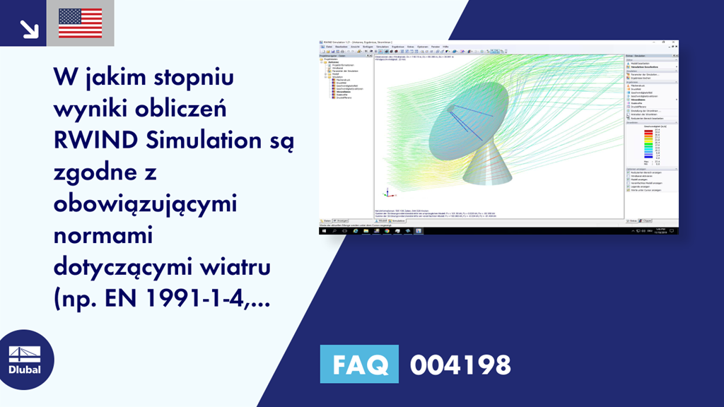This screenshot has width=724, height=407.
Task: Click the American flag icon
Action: pyautogui.click(x=80, y=23)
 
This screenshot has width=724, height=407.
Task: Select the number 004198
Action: pyautogui.click(x=460, y=365)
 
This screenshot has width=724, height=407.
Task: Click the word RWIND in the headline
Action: pyautogui.click(x=91, y=141)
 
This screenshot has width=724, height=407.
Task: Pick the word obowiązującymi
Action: pyautogui.click(x=144, y=204)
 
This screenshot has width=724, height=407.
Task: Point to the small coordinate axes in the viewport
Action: pyautogui.click(x=386, y=192)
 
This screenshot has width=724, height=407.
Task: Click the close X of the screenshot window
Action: pyautogui.click(x=675, y=42)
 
